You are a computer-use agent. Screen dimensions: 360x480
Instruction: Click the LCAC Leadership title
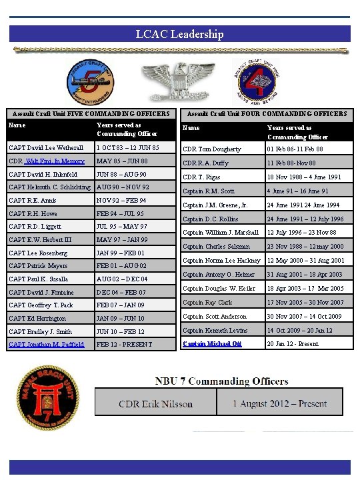pyautogui.click(x=179, y=34)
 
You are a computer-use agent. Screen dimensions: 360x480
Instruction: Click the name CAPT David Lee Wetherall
pyautogui.click(x=46, y=147)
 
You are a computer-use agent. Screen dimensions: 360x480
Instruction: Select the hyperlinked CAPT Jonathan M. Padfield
pyautogui.click(x=47, y=344)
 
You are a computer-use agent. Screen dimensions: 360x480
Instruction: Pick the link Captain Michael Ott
pyautogui.click(x=212, y=343)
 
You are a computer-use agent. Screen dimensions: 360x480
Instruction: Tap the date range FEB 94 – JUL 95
pyautogui.click(x=120, y=213)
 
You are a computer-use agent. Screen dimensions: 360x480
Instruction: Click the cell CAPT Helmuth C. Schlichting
pyautogui.click(x=51, y=187)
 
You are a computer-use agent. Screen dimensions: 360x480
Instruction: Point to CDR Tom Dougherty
pyautogui.click(x=211, y=149)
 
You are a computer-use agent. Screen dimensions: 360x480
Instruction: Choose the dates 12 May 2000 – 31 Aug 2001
pyautogui.click(x=305, y=260)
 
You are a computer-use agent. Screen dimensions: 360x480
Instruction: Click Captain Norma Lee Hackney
pyautogui.click(x=221, y=260)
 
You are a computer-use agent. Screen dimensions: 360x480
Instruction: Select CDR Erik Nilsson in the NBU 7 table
pyautogui.click(x=155, y=403)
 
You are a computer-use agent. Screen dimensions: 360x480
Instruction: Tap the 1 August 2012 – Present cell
pyautogui.click(x=279, y=403)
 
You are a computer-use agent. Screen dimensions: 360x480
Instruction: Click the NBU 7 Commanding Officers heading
pyautogui.click(x=221, y=381)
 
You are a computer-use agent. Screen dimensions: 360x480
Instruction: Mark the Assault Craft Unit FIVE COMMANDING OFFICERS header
pyautogui.click(x=91, y=114)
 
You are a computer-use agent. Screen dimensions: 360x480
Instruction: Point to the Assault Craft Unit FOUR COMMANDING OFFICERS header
pyautogui.click(x=267, y=114)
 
